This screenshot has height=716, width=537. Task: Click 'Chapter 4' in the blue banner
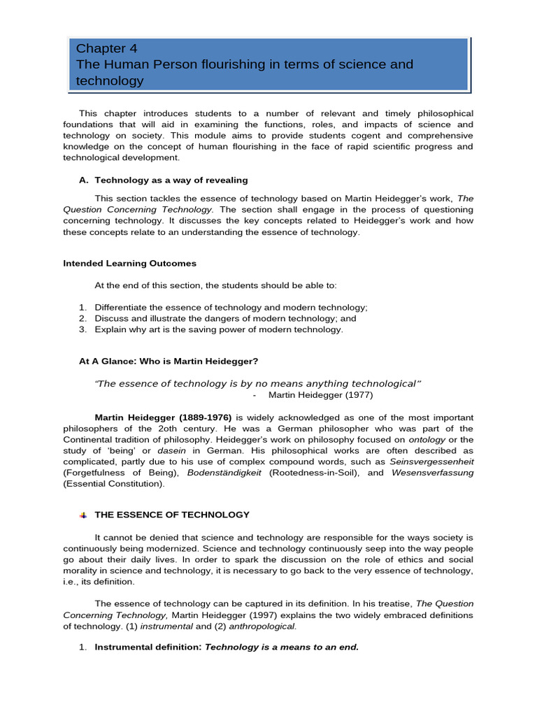click(107, 48)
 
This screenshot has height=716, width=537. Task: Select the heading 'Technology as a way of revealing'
click(171, 180)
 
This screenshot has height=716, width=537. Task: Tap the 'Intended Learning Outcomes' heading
click(129, 264)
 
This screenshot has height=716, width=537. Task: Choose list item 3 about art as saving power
click(219, 329)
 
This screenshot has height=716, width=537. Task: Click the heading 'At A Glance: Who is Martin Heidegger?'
click(169, 361)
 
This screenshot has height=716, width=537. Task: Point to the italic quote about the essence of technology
click(258, 383)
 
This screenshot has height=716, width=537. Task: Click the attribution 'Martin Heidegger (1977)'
click(315, 395)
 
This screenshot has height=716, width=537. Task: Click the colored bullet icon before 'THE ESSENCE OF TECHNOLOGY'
click(83, 515)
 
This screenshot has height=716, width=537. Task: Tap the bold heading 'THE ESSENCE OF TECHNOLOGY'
click(172, 515)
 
